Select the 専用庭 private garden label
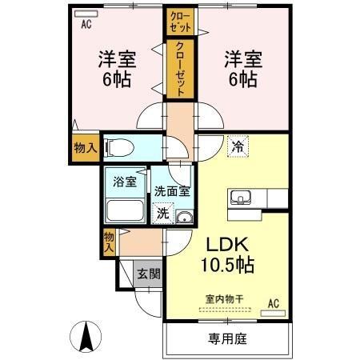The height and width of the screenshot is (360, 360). click(227, 339)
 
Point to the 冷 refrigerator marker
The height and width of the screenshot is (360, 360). click(237, 146)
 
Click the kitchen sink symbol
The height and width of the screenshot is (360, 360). click(239, 198)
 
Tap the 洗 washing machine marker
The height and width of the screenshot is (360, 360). click(162, 214)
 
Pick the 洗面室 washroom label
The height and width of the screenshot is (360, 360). click(171, 191)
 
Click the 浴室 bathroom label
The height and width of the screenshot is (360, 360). click(125, 180)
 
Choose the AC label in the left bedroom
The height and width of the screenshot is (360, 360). click(85, 24)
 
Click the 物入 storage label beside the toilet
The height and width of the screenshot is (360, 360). click(84, 148)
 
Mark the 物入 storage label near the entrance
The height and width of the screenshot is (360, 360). click(109, 241)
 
